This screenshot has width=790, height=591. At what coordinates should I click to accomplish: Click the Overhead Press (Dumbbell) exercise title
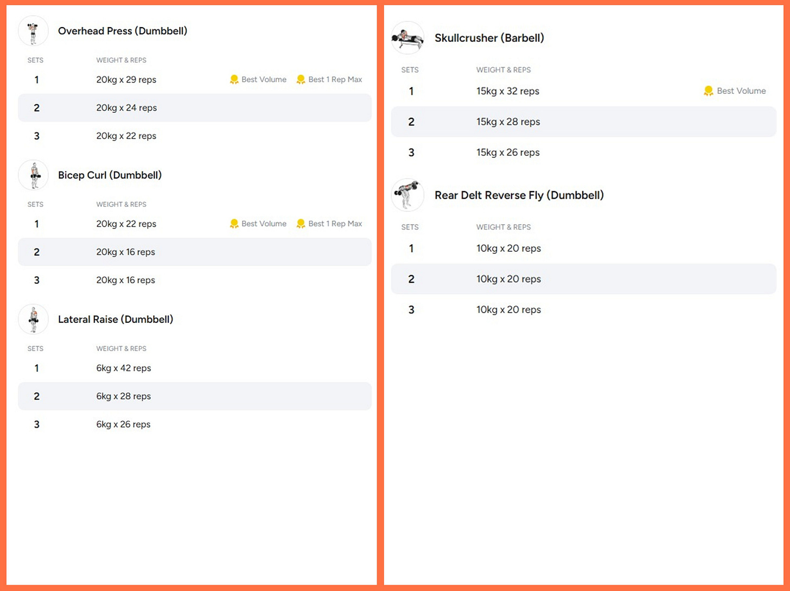pos(123,31)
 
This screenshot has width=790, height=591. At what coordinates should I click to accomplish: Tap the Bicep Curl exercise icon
pos(34,175)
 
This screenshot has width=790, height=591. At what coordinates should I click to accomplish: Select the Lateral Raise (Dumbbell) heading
pos(116,319)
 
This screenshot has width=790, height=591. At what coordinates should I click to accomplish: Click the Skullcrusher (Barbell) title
pos(489,38)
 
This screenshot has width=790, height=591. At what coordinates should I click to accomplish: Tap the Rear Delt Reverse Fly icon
pos(407,195)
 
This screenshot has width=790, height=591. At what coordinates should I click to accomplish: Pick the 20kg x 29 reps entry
pos(126,80)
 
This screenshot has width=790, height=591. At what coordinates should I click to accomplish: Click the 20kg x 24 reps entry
pos(126,107)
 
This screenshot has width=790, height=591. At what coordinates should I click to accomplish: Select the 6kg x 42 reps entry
pos(124,368)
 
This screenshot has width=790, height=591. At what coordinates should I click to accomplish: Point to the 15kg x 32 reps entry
pos(507,91)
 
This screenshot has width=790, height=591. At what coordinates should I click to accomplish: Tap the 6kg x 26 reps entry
pos(123,424)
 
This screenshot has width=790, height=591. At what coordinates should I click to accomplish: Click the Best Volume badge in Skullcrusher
pos(735,91)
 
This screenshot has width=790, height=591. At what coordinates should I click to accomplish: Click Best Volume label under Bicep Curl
pos(264,224)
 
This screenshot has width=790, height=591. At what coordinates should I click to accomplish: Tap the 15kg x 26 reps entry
pos(508,152)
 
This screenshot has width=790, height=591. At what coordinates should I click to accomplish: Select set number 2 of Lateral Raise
pos(37,396)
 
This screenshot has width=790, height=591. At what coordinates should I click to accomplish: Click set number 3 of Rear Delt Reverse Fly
pos(411,309)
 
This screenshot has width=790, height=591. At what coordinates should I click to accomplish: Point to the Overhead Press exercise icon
pos(34,31)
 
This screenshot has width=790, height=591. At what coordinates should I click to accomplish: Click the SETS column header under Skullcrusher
pos(410,70)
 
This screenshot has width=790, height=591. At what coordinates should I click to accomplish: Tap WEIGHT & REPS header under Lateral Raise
pos(122,348)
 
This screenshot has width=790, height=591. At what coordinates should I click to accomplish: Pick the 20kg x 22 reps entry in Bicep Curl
pos(126,224)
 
